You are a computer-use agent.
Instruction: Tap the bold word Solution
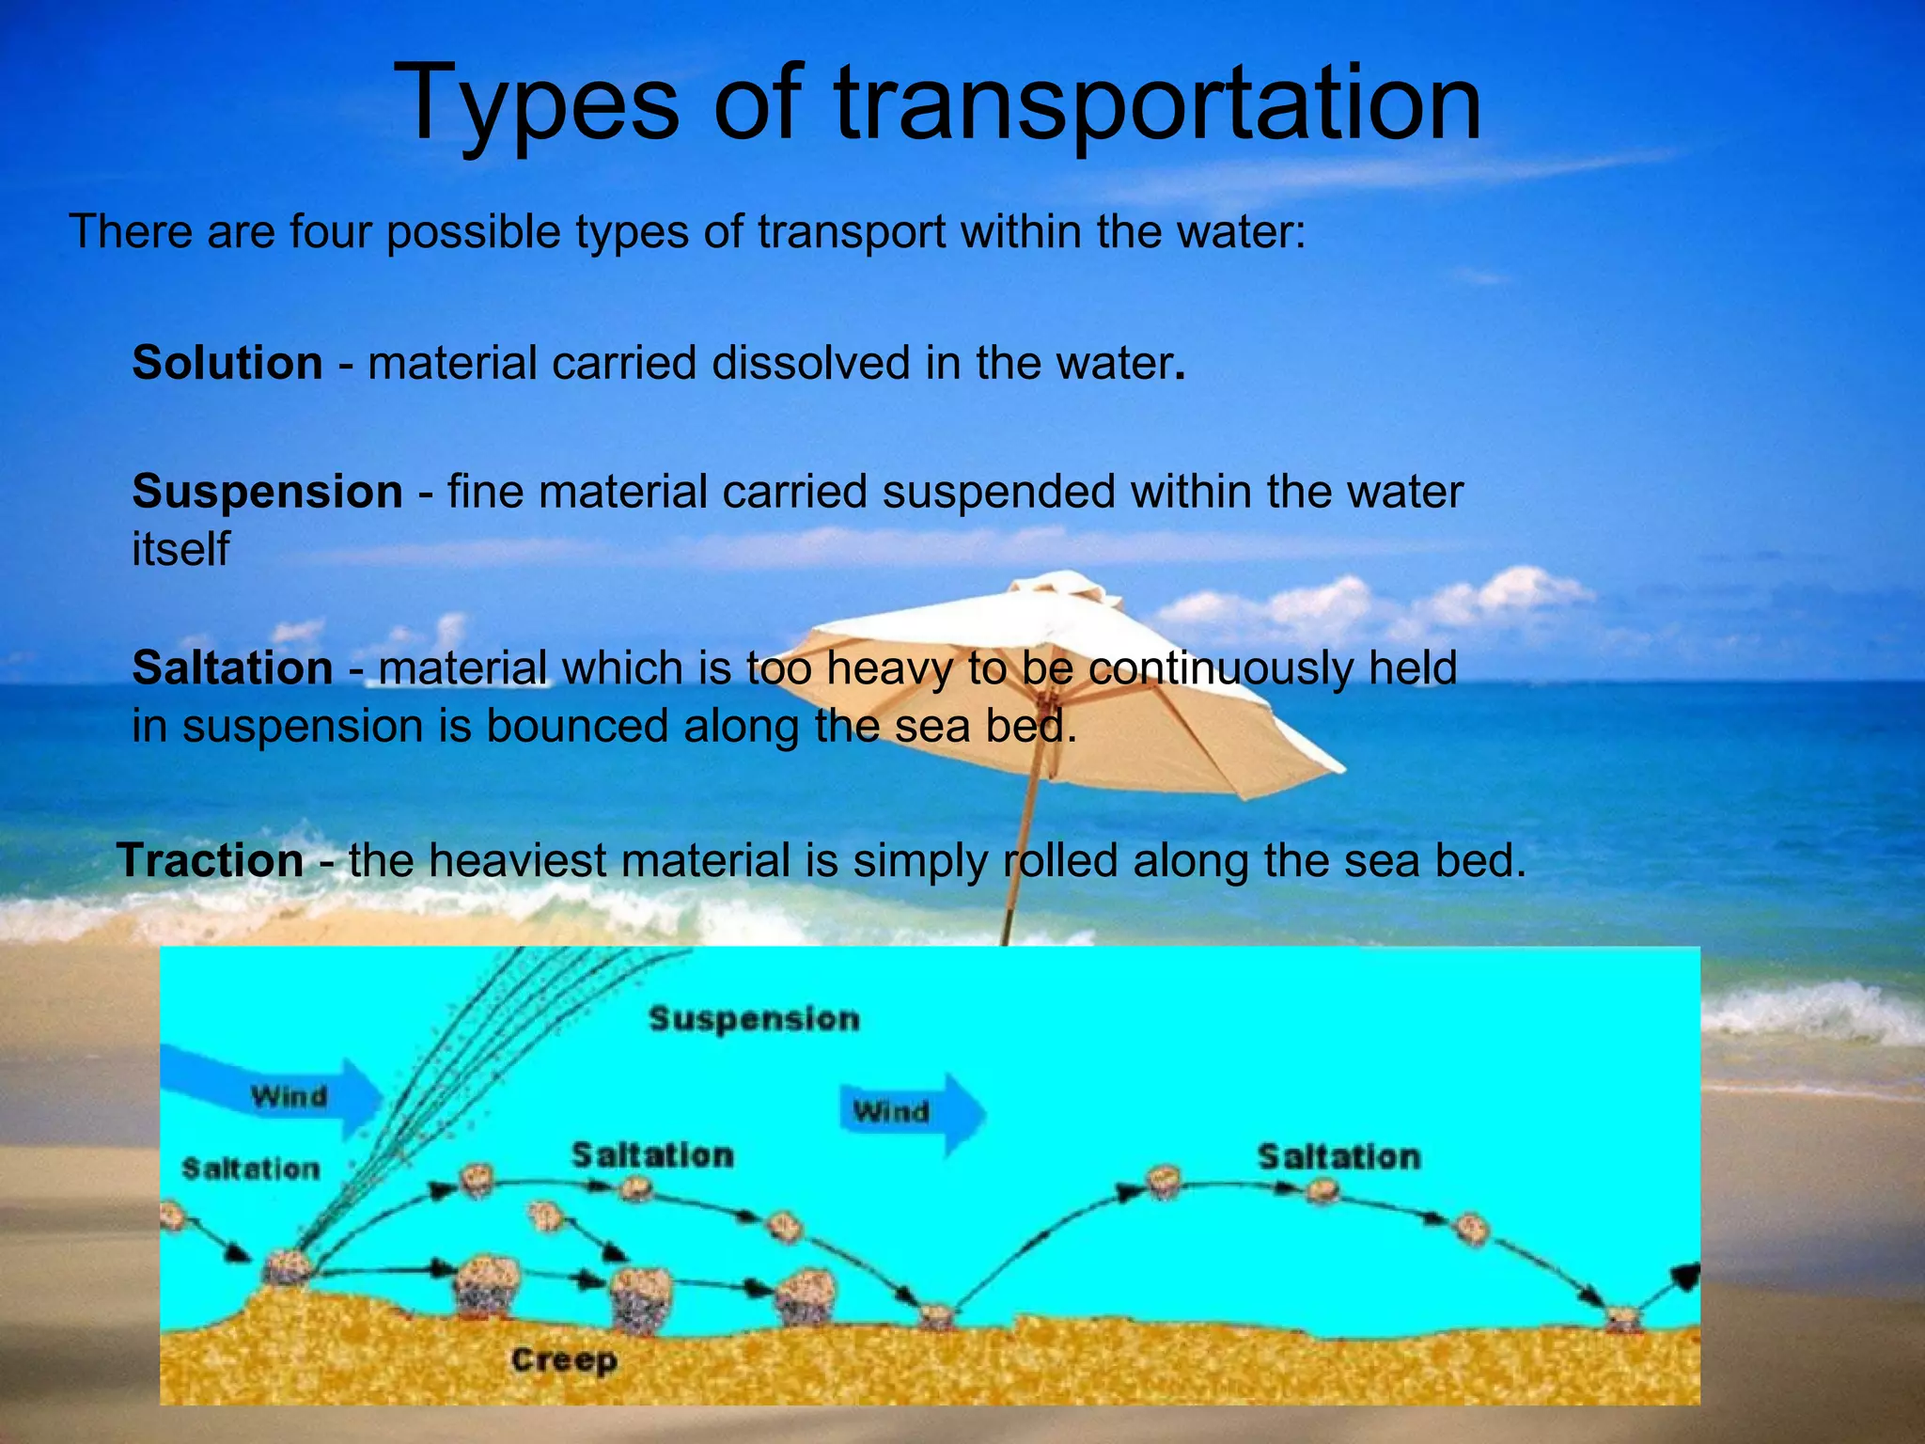coord(227,363)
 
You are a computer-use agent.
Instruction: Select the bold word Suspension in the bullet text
coord(267,492)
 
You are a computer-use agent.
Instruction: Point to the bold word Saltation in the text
coord(232,668)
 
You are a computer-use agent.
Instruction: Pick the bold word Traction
coord(210,860)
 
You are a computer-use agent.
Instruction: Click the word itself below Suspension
coord(180,549)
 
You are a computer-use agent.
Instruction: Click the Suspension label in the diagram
coord(754,1019)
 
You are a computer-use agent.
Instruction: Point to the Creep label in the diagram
coord(564,1359)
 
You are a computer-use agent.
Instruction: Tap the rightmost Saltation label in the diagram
coord(1338,1157)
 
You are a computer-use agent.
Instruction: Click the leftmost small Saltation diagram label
coord(250,1169)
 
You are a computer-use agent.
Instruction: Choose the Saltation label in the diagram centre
coord(652,1155)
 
